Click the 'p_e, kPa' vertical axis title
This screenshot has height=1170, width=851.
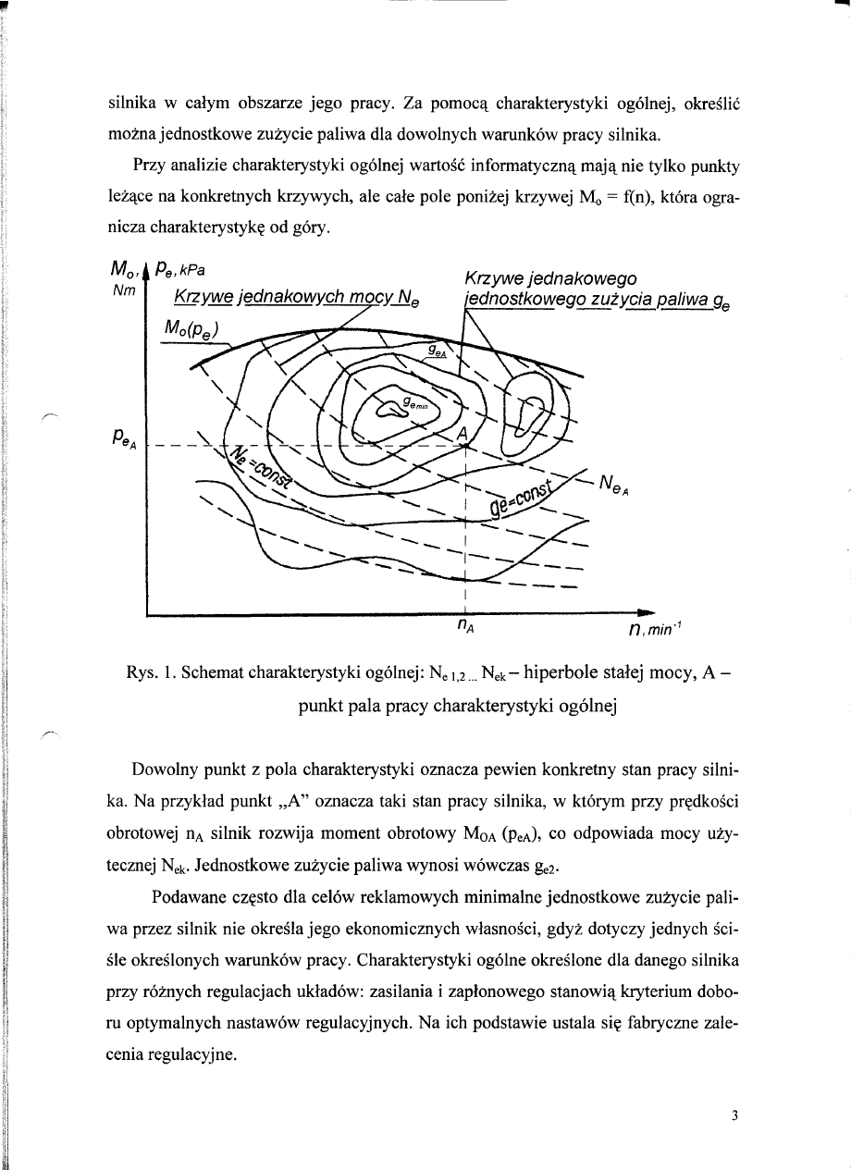pyautogui.click(x=180, y=272)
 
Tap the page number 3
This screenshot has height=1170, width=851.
pyautogui.click(x=733, y=1115)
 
